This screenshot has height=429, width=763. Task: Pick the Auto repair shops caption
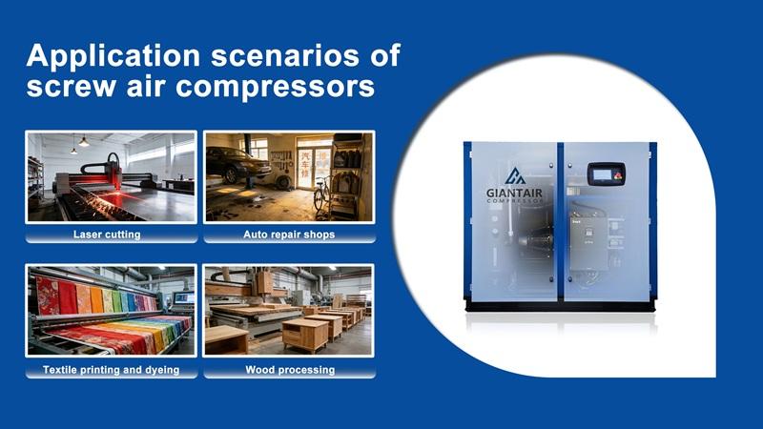click(289, 235)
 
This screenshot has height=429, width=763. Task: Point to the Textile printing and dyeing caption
click(112, 369)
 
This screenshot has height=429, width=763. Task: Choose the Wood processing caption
click(290, 369)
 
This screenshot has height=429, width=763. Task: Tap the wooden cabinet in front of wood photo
click(304, 333)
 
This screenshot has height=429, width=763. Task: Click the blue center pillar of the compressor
click(561, 229)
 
